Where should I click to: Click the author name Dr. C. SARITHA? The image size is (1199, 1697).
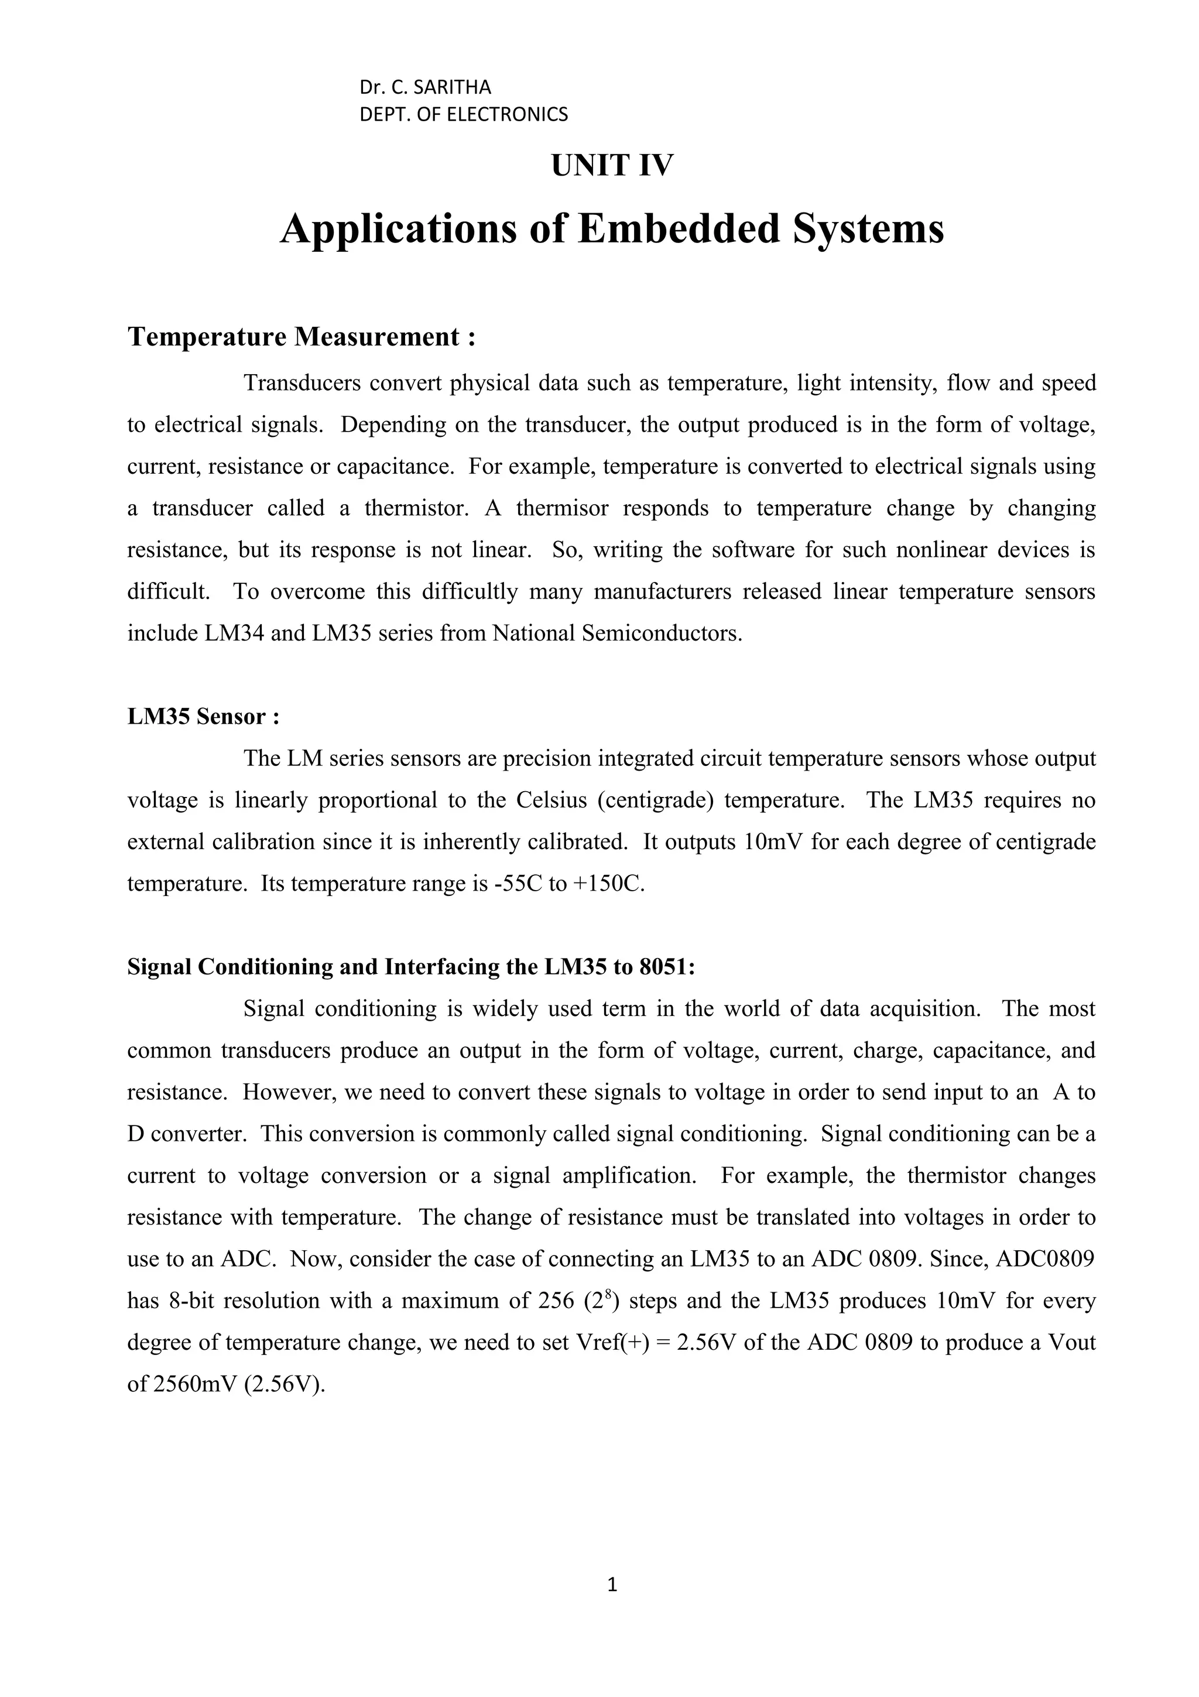tap(425, 87)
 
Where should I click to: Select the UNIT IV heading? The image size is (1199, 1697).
tap(612, 166)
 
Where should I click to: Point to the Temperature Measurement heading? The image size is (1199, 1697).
tap(302, 337)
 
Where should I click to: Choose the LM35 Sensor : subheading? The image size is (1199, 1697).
tap(203, 716)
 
